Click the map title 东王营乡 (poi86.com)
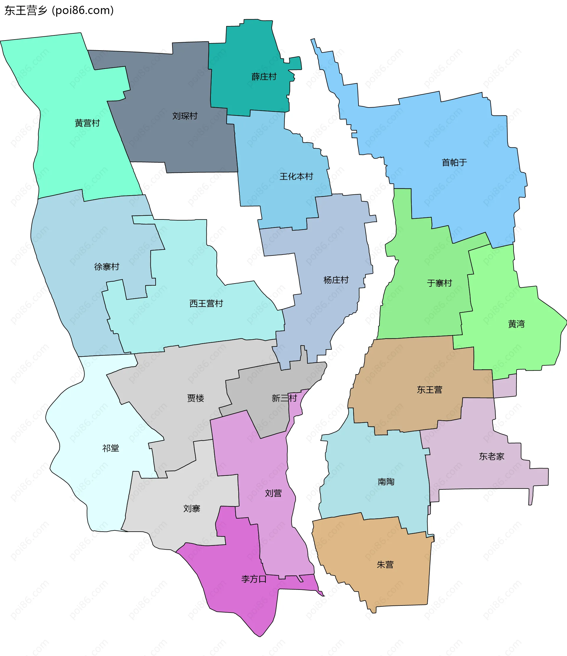pos(59,10)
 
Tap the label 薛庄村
pos(264,76)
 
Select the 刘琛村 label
pos(185,116)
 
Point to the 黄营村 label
pos(87,123)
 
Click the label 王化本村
pos(296,176)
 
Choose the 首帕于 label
pos(454,162)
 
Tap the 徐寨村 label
pos(107,267)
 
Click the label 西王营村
pos(206,303)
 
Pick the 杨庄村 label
pos(335,280)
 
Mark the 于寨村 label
pos(439,283)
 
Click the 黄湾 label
pos(516,324)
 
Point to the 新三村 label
pos(284,398)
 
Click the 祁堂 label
pos(110,448)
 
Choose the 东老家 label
pos(491,456)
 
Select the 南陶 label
pos(386,481)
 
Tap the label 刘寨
pos(192,508)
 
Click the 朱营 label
pos(385,564)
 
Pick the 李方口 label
pos(254,579)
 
